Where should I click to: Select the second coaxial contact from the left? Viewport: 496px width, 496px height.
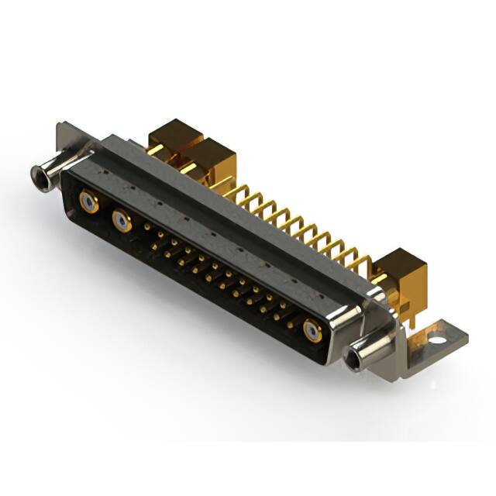(x=122, y=222)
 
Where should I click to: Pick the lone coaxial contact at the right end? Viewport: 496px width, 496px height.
(x=312, y=331)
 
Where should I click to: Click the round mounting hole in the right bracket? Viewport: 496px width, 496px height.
(x=436, y=339)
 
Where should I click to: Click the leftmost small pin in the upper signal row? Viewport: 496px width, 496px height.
(x=147, y=227)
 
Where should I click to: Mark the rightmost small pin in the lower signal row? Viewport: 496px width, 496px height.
(x=290, y=325)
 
